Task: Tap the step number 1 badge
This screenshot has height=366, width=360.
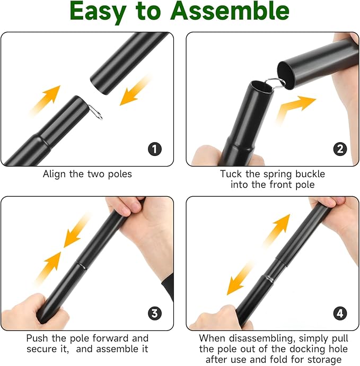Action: (x=154, y=149)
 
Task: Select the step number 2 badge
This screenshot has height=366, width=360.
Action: (x=340, y=149)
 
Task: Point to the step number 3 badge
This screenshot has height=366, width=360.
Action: (x=154, y=313)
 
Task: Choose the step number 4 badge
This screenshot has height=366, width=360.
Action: (x=340, y=313)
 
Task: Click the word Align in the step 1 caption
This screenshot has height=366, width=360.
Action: (x=54, y=174)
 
